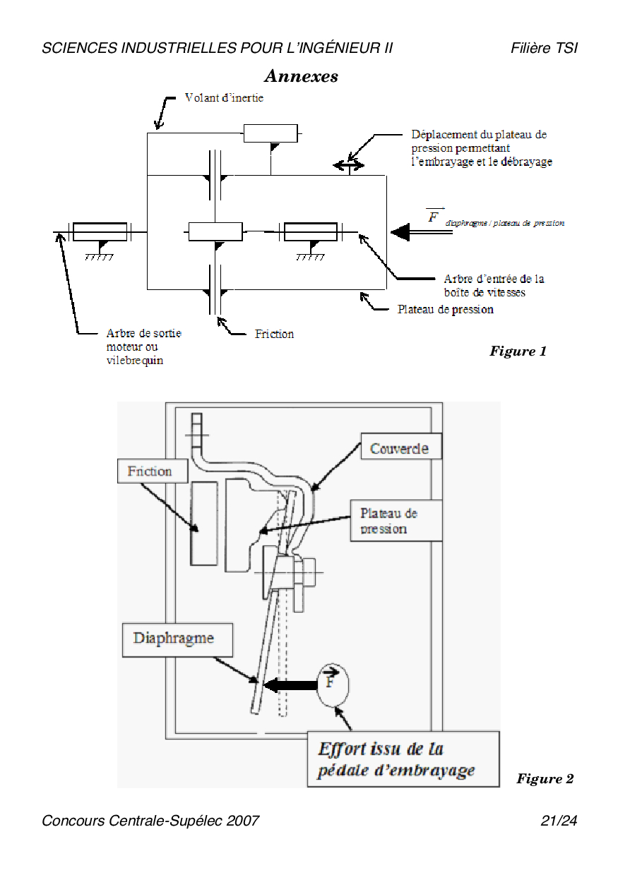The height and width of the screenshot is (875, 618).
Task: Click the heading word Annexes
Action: point(301,76)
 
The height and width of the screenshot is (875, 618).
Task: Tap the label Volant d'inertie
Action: point(224,98)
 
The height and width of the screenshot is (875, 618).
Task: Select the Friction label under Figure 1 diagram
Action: point(274,334)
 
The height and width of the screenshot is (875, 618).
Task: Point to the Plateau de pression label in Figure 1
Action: point(445,309)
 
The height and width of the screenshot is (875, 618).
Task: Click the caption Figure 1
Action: point(518,351)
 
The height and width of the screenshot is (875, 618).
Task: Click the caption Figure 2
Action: point(545,779)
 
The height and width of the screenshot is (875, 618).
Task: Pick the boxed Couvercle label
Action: point(399,448)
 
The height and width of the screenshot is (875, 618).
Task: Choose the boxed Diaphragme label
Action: point(173,639)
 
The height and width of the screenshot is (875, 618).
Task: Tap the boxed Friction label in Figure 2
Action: point(150,471)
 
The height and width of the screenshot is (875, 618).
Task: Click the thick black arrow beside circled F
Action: point(291,684)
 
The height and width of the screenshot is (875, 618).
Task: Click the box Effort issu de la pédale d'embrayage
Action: point(403,759)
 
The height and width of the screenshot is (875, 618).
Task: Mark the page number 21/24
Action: point(559,821)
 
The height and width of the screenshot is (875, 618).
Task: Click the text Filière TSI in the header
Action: point(544,48)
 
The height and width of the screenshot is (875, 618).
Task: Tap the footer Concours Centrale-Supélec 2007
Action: point(150,821)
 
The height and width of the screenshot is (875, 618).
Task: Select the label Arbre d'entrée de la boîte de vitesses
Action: point(494,285)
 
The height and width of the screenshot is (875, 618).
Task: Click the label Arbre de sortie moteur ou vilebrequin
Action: point(143,346)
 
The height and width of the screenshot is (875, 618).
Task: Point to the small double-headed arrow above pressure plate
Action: point(348,165)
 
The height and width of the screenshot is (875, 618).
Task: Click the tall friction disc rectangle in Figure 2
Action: point(204,523)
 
